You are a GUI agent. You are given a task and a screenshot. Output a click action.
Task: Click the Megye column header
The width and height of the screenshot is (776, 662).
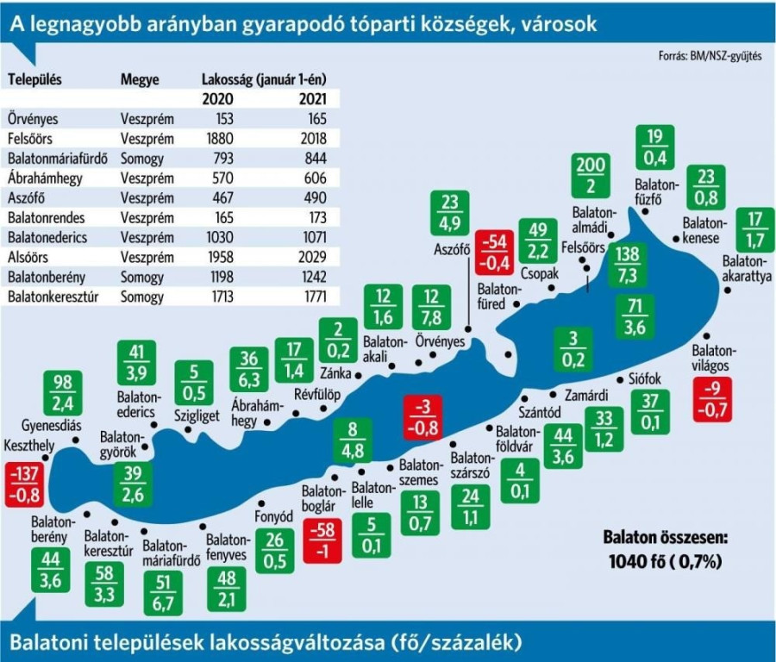pyautogui.click(x=140, y=79)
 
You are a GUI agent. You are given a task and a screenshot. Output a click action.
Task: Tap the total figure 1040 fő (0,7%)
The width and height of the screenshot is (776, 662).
pyautogui.click(x=665, y=560)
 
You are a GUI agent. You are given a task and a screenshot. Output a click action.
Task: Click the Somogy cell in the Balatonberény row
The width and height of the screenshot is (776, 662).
pyautogui.click(x=142, y=278)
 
